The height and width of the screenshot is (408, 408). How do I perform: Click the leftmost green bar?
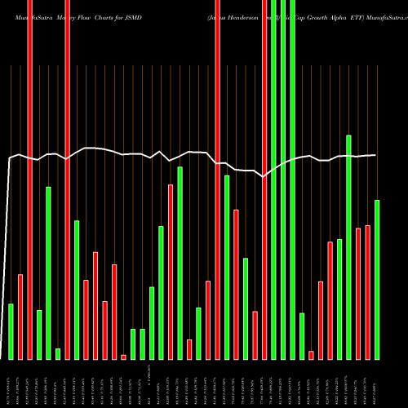[x=11, y=331]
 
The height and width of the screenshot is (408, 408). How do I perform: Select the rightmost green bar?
[x=377, y=279]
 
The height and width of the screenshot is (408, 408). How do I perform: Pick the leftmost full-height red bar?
[x=29, y=180]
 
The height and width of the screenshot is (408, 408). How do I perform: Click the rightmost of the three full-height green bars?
[x=292, y=180]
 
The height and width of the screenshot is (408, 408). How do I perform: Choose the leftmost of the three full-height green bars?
[x=273, y=180]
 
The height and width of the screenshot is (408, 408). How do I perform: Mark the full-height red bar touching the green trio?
[x=264, y=180]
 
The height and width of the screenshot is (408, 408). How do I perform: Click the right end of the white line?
[x=375, y=155]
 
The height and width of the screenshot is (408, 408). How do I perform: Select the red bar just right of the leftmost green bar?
[x=20, y=317]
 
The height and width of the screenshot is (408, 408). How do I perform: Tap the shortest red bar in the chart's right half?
[x=311, y=355]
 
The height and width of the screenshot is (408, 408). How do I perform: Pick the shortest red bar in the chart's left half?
[x=123, y=357]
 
